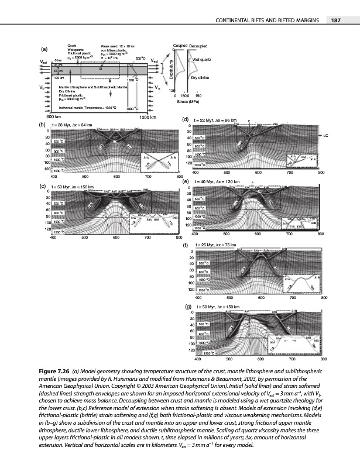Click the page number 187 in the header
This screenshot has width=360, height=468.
(336, 21)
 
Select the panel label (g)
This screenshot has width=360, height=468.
(187, 306)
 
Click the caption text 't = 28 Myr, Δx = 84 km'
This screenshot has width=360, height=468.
(72, 125)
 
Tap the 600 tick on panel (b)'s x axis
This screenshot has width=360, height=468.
(116, 175)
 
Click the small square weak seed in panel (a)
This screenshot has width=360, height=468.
(101, 68)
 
